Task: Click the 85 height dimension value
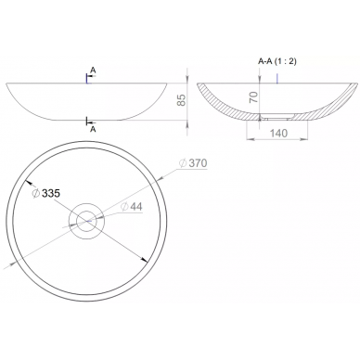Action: pos(182,99)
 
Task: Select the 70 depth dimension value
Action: pos(253,97)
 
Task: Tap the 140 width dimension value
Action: pos(278,133)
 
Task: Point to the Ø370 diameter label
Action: pos(194,163)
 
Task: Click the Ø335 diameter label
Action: pos(46,193)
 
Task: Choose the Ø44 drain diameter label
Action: pos(132,207)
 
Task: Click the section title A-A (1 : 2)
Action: pos(277,61)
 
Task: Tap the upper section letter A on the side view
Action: pos(93,71)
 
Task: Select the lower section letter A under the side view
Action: pos(93,130)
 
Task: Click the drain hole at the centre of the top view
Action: pos(86,221)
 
